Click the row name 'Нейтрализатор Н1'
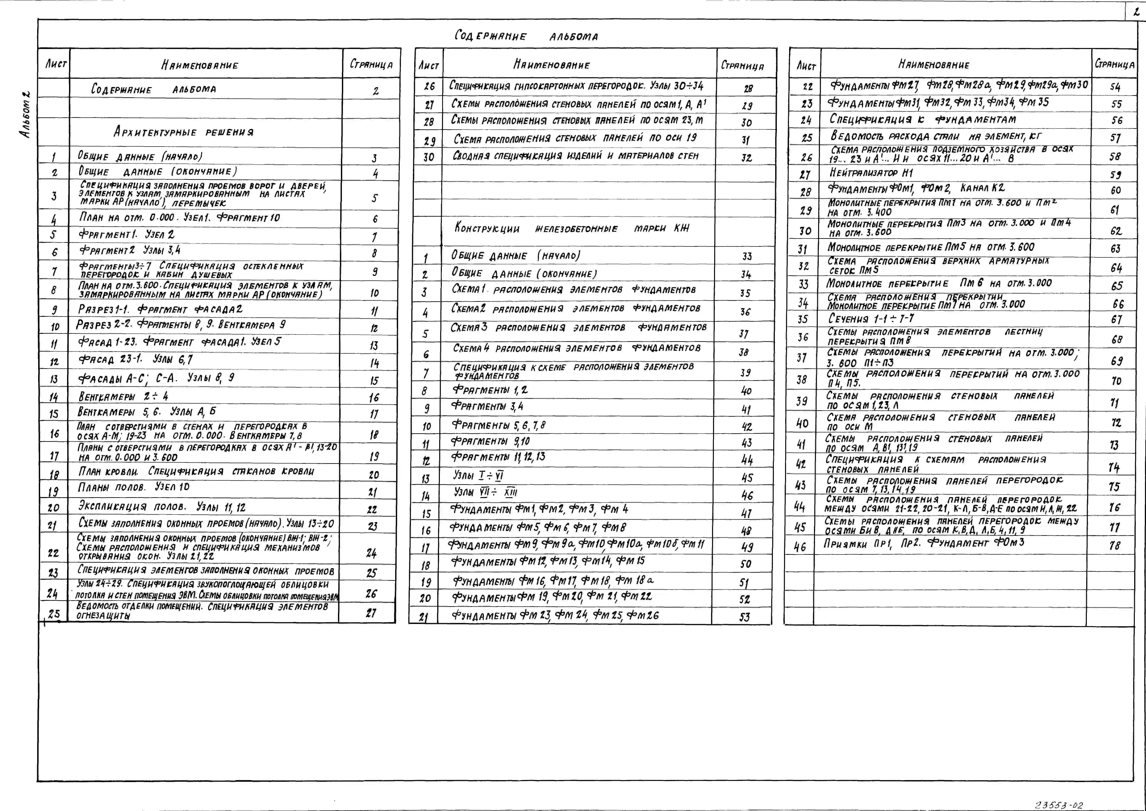[871, 173]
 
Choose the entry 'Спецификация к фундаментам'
[923, 119]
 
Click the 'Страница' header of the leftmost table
[371, 64]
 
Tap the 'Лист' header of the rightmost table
[806, 65]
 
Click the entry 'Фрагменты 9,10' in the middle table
[490, 441]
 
